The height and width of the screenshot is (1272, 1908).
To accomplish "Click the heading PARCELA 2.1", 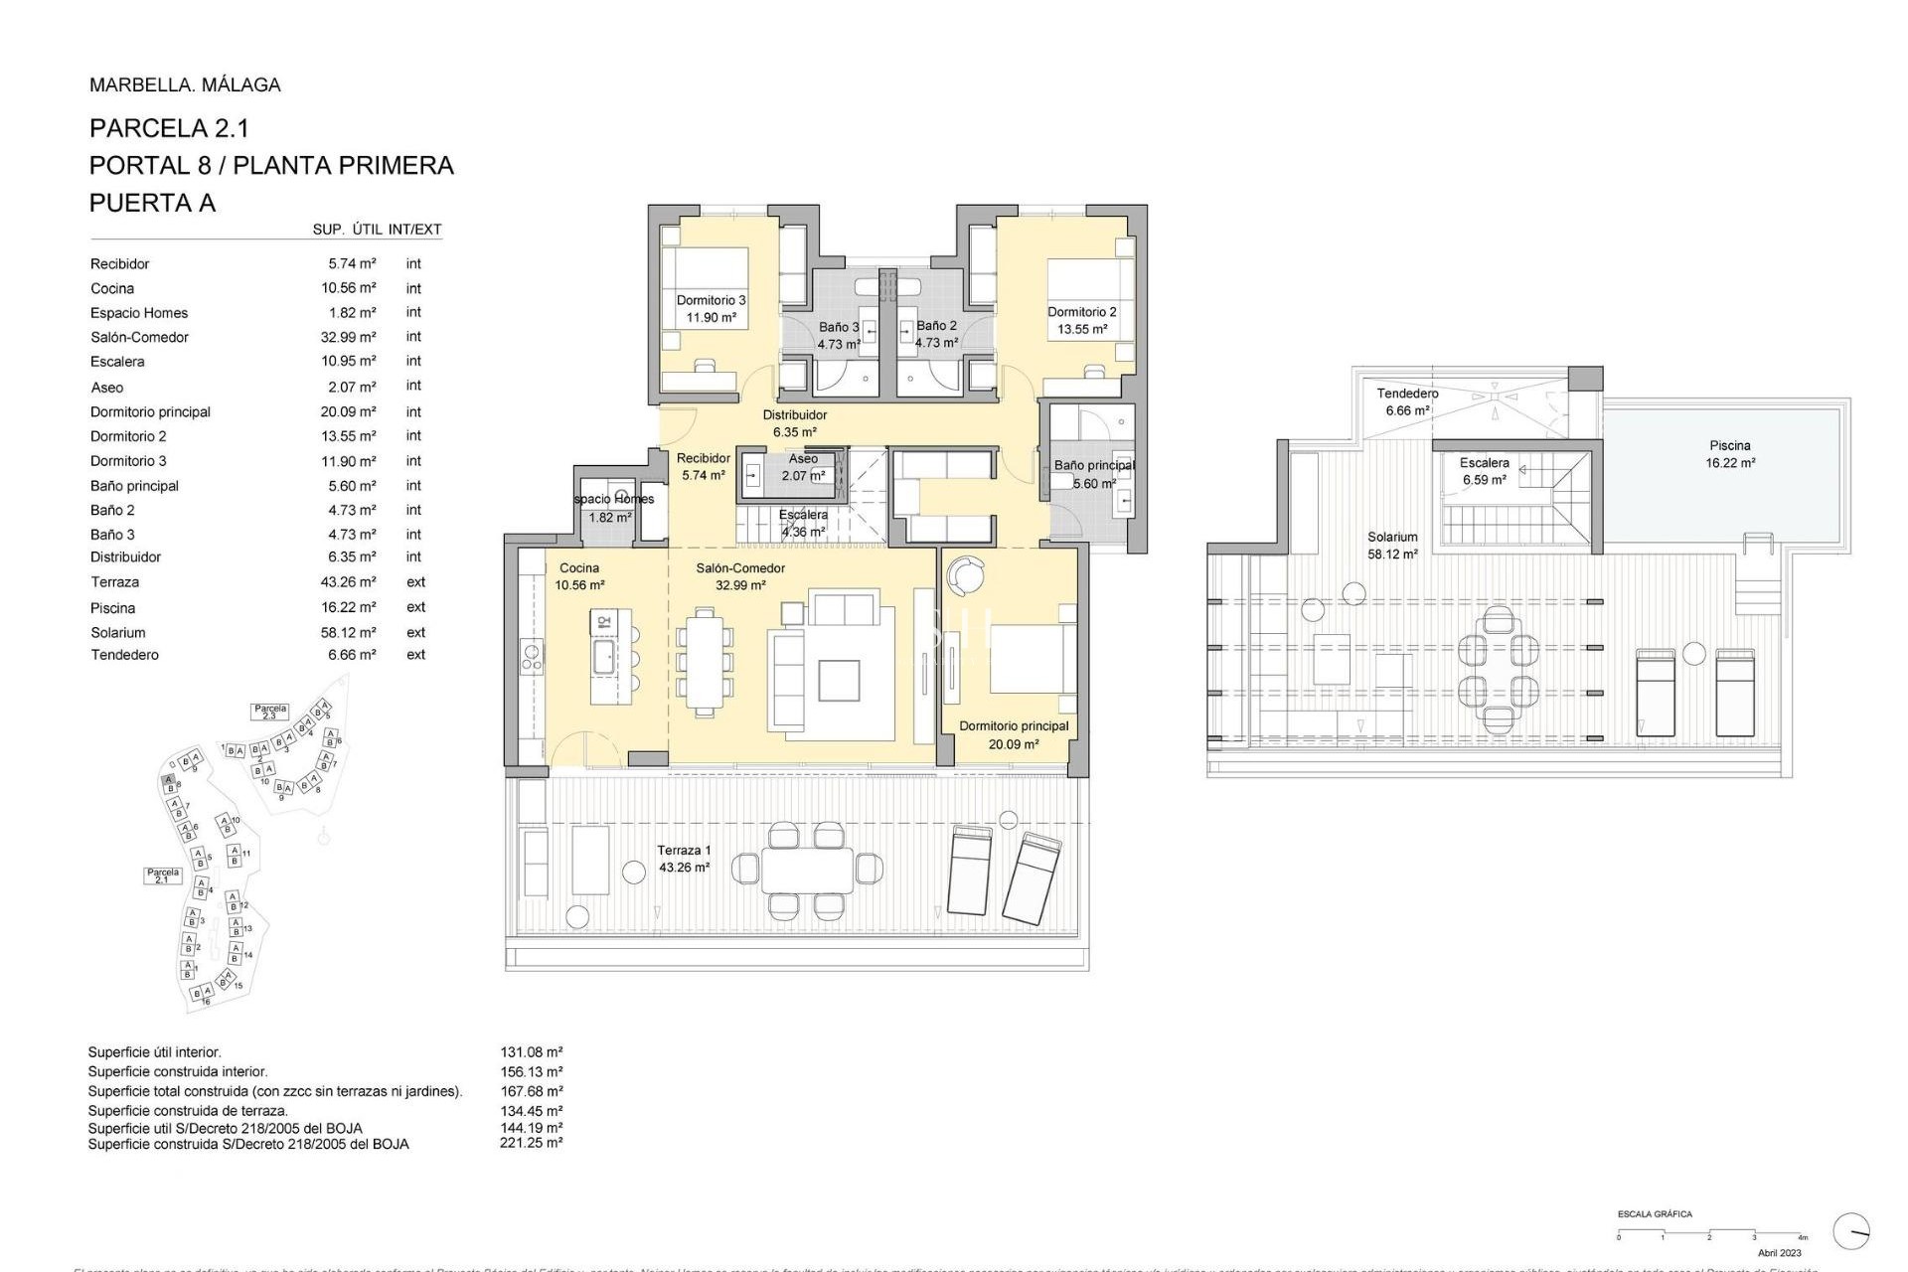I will [x=169, y=128].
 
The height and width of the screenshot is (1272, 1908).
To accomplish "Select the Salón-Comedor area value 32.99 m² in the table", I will [x=348, y=337].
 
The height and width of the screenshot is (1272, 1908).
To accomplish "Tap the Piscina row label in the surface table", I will [x=112, y=608].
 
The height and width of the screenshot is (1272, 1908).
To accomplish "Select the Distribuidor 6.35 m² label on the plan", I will [x=794, y=423].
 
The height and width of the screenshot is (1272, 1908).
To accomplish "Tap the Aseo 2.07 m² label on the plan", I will [x=803, y=467].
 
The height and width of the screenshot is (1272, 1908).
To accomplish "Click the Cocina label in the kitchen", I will [x=579, y=568].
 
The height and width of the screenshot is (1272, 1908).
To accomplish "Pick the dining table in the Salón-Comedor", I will [x=706, y=661].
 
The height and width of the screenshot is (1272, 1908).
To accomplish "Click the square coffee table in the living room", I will [x=839, y=681].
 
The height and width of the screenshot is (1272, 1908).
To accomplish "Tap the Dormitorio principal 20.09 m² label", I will [x=1014, y=734].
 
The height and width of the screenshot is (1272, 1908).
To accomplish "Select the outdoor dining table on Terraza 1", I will [x=807, y=869].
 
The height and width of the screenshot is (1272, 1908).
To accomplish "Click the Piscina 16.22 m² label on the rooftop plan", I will [x=1730, y=454].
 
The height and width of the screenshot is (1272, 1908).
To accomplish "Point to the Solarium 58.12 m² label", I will [x=1392, y=546].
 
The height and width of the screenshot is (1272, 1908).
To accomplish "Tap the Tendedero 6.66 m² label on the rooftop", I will [x=1407, y=401].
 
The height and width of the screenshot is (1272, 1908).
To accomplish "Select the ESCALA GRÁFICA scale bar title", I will [x=1655, y=1214].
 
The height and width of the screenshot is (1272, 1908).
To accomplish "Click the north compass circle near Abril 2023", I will [x=1851, y=1231].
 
